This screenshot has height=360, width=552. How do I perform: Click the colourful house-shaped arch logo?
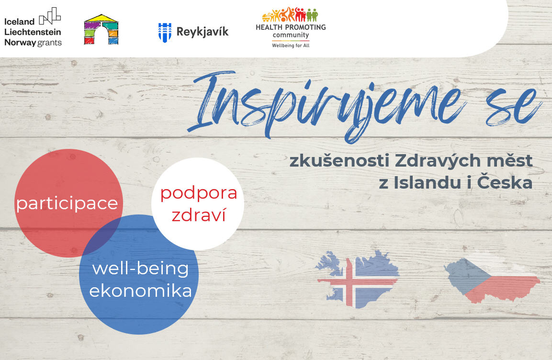pyautogui.click(x=101, y=30)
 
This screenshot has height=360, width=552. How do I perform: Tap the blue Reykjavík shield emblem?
pyautogui.click(x=165, y=33)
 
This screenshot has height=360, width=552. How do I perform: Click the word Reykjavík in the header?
pyautogui.click(x=203, y=32)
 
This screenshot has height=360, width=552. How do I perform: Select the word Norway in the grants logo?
pyautogui.click(x=20, y=43)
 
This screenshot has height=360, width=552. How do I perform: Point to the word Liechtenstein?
pyautogui.click(x=33, y=32)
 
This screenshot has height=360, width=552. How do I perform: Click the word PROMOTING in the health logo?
pyautogui.click(x=304, y=27)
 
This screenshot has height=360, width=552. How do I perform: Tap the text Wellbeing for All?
pyautogui.click(x=291, y=45)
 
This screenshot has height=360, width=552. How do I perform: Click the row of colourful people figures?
pyautogui.click(x=290, y=14)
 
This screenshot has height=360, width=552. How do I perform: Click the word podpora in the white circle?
pyautogui.click(x=199, y=193)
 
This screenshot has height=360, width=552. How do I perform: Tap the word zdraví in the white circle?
pyautogui.click(x=199, y=215)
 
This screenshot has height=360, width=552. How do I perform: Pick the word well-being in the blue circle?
pyautogui.click(x=140, y=269)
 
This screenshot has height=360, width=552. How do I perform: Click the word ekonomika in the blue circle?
pyautogui.click(x=140, y=291)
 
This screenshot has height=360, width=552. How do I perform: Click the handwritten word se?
pyautogui.click(x=514, y=107)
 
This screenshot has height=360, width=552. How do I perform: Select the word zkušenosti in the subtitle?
pyautogui.click(x=339, y=160)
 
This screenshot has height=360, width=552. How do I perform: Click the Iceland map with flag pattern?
pyautogui.click(x=357, y=279)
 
